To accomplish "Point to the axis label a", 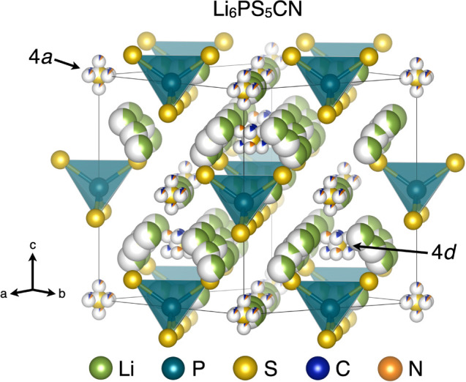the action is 6,293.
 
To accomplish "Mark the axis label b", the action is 62,293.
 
